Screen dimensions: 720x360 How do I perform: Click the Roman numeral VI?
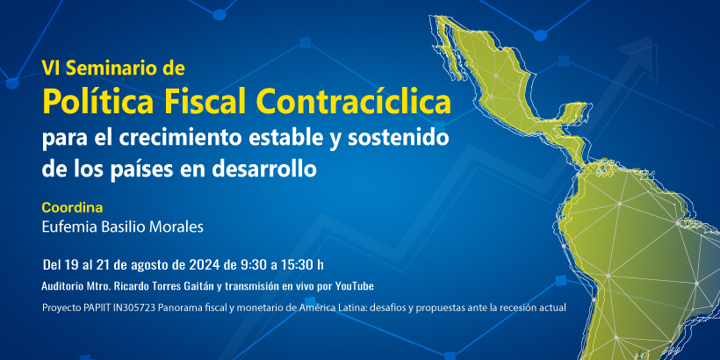[x=47, y=68]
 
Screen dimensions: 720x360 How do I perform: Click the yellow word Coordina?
[x=72, y=207]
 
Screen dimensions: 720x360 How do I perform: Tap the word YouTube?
[x=355, y=286]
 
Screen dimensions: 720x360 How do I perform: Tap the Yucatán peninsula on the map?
[x=574, y=112]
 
